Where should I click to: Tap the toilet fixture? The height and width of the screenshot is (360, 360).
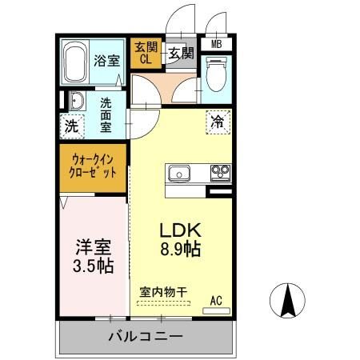[216, 78]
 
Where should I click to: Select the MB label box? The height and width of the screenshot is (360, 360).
[217, 45]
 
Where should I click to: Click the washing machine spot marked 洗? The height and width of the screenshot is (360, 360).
[72, 126]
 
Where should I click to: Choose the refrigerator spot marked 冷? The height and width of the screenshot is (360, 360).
[218, 122]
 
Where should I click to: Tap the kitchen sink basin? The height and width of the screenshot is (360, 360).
[179, 173]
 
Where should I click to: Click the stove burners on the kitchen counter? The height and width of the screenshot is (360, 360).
[219, 172]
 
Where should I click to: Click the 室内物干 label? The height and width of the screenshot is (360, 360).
[162, 293]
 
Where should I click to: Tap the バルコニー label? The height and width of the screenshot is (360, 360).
[146, 338]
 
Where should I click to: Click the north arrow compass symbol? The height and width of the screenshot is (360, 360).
[290, 300]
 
